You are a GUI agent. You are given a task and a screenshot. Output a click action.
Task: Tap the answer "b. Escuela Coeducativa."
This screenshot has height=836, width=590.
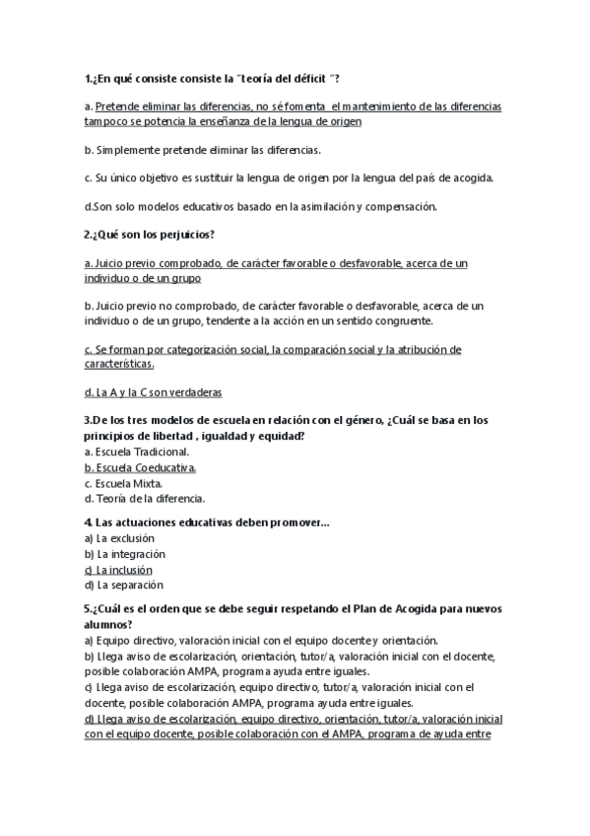[140, 467]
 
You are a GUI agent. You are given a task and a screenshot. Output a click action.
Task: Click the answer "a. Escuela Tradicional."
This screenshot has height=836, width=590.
[137, 452]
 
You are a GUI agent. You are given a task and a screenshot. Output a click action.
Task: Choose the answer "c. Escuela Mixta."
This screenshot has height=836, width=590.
[123, 483]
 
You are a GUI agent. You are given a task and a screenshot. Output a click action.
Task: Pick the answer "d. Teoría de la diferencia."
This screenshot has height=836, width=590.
[145, 499]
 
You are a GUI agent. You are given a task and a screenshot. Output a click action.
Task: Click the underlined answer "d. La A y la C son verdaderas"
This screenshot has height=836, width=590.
[153, 391]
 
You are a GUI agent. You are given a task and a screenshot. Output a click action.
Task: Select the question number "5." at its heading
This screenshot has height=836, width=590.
[89, 609]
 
